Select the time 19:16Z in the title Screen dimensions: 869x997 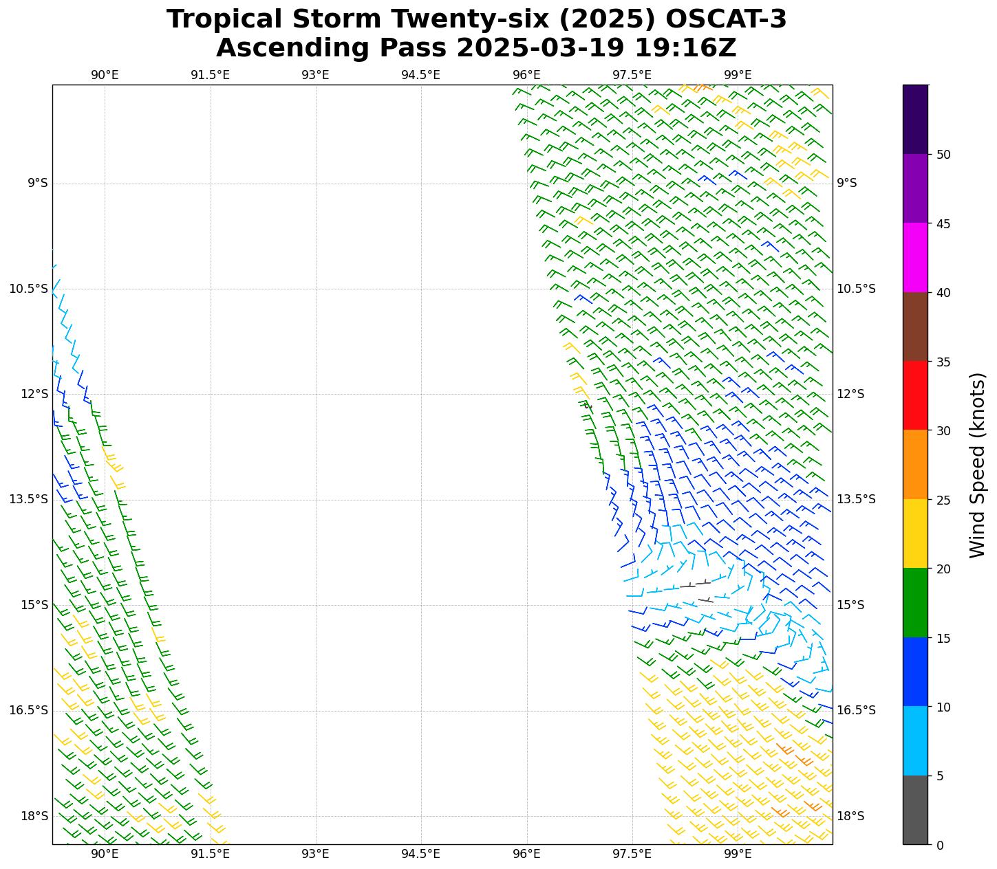pyautogui.click(x=685, y=48)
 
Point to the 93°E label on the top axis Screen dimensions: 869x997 pyautogui.click(x=315, y=75)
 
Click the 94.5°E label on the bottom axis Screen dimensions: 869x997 pyautogui.click(x=420, y=854)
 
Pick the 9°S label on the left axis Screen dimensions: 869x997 pyautogui.click(x=37, y=183)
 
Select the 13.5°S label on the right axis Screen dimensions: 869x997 pyautogui.click(x=856, y=499)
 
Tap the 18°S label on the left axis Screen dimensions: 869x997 pyautogui.click(x=34, y=816)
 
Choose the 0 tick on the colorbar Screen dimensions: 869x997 pyautogui.click(x=940, y=845)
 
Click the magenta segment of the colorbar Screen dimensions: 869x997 pyautogui.click(x=915, y=258)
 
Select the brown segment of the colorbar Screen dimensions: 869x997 pyautogui.click(x=915, y=327)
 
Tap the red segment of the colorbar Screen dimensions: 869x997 pyautogui.click(x=915, y=395)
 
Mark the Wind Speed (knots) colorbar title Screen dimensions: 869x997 pyautogui.click(x=977, y=465)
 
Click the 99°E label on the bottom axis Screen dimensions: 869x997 pyautogui.click(x=738, y=854)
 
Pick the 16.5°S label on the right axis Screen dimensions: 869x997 pyautogui.click(x=856, y=710)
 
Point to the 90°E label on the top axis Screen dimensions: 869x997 pyautogui.click(x=105, y=75)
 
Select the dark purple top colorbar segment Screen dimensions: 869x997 pyautogui.click(x=915, y=119)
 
